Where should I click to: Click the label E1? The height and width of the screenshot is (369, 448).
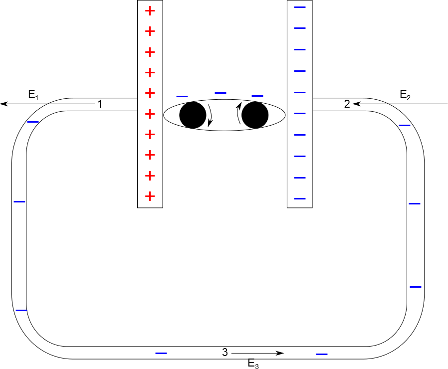pos(33,95)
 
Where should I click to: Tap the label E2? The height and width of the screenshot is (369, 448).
pos(405,95)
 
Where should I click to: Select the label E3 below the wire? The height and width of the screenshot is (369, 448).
pos(253,364)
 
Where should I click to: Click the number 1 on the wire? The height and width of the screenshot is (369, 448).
pos(99,104)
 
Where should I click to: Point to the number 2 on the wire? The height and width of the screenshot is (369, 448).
pos(347,104)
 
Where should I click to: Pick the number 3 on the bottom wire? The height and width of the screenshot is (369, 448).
pos(225,353)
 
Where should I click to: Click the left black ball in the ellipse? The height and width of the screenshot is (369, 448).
pos(193,115)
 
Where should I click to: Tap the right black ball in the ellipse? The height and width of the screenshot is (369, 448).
pos(255,115)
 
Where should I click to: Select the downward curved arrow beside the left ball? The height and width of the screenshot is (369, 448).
pos(211,115)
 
